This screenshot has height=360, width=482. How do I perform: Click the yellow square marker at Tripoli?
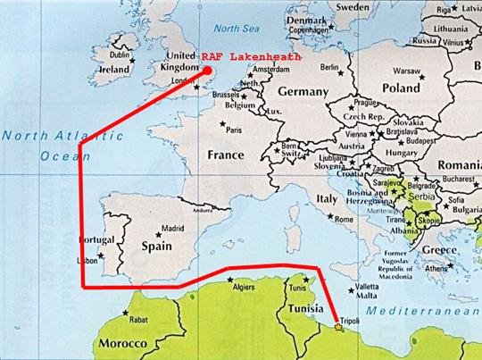pos(337,328)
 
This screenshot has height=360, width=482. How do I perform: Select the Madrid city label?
pos(171,228)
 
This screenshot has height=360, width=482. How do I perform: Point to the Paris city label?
pos(235,130)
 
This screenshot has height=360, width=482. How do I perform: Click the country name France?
pos(225,154)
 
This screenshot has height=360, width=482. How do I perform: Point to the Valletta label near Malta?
pos(367,286)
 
